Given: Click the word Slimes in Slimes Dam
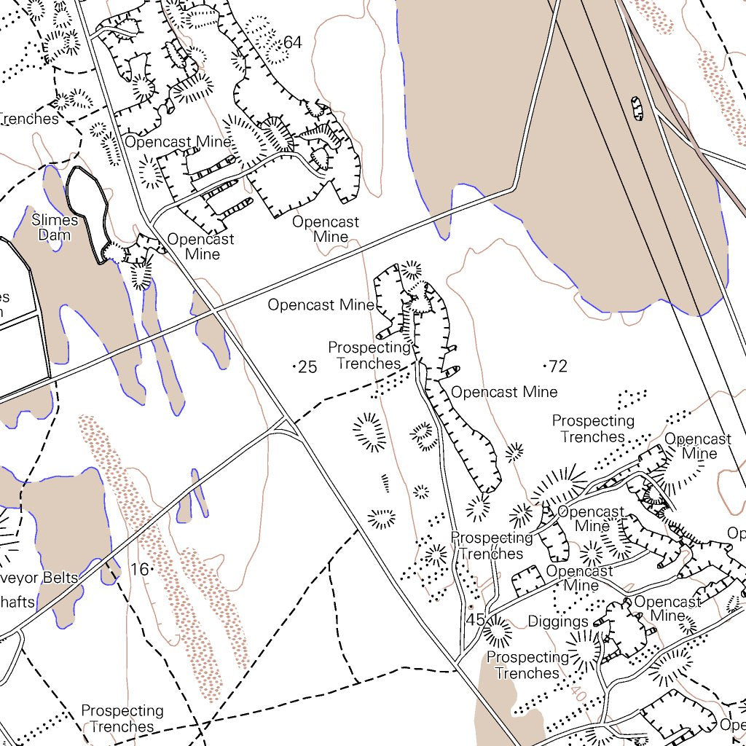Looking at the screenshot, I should pyautogui.click(x=55, y=220).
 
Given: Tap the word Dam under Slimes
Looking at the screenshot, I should pyautogui.click(x=55, y=235).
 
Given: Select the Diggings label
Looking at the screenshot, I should pyautogui.click(x=558, y=621).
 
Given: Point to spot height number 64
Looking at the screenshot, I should pyautogui.click(x=292, y=43).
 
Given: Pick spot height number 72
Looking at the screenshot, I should pyautogui.click(x=558, y=366).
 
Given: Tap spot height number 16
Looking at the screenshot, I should pyautogui.click(x=139, y=569).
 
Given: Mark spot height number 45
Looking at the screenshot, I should pyautogui.click(x=475, y=620).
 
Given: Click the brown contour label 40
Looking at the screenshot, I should pyautogui.click(x=578, y=691).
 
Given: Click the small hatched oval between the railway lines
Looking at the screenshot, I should pyautogui.click(x=637, y=108).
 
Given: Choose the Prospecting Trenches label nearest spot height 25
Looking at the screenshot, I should pyautogui.click(x=369, y=356).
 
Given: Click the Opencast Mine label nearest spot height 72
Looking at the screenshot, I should pyautogui.click(x=504, y=392).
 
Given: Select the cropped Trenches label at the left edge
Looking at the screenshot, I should pyautogui.click(x=28, y=118).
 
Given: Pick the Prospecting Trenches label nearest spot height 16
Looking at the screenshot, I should pyautogui.click(x=122, y=718).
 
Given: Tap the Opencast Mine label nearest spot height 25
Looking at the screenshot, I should pyautogui.click(x=321, y=305).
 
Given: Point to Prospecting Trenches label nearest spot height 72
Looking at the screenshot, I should pyautogui.click(x=593, y=429).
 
